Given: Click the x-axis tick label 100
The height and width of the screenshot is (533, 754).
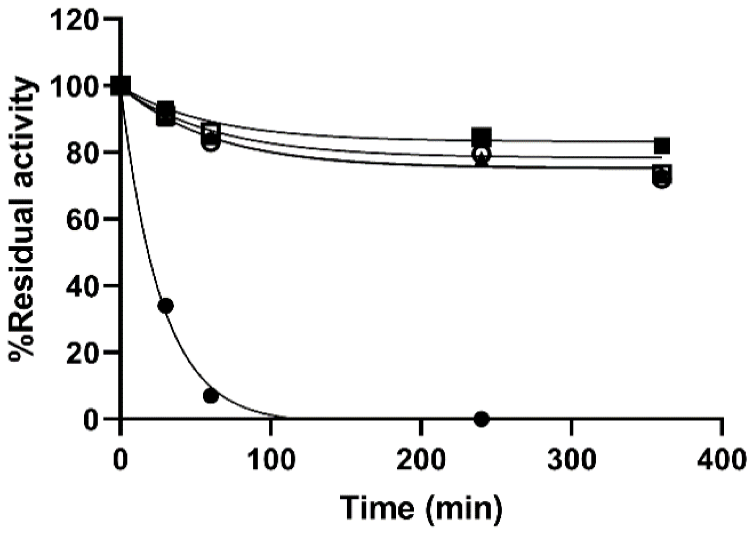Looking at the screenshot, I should (271, 459).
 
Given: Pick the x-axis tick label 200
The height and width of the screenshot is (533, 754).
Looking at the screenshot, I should (421, 459).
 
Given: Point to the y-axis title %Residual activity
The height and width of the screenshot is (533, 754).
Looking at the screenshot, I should (23, 218).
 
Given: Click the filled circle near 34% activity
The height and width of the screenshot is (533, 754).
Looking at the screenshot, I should (166, 306).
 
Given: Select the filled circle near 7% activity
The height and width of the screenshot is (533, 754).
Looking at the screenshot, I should (211, 395).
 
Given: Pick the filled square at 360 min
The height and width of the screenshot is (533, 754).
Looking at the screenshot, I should (662, 145).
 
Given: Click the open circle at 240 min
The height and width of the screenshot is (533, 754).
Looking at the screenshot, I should (482, 154).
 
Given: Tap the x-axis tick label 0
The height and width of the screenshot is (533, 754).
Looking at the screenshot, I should (120, 459).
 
